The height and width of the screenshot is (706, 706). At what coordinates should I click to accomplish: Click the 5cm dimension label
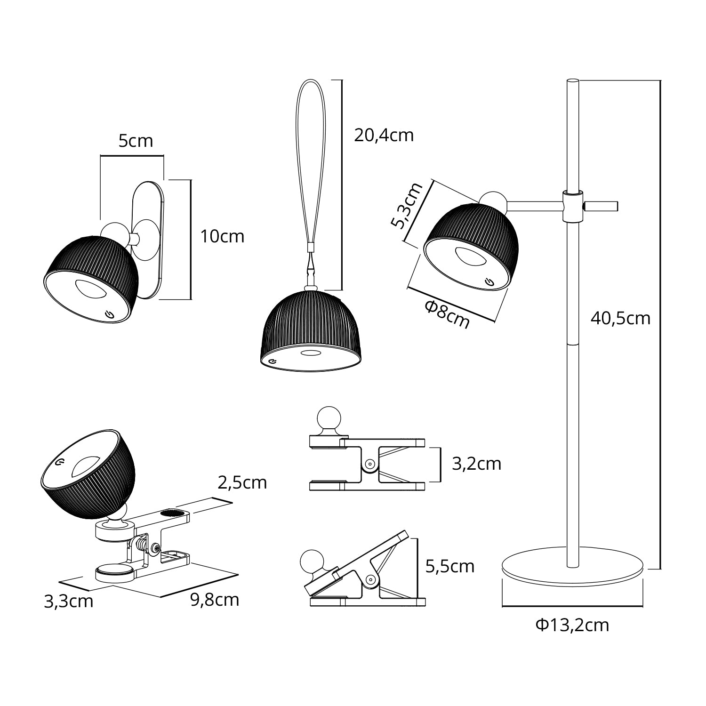click(x=136, y=141)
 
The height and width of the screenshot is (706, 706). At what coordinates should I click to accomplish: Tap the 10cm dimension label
click(x=222, y=236)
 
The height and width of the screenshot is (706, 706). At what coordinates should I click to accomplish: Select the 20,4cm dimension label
click(x=384, y=136)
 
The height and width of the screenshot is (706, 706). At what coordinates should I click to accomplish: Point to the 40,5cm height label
click(x=620, y=319)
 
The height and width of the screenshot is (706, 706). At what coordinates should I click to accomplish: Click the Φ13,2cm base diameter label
click(x=572, y=625)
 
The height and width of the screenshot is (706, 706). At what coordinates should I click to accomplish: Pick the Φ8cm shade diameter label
click(x=447, y=314)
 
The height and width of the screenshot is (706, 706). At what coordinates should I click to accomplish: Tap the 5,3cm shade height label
click(x=407, y=206)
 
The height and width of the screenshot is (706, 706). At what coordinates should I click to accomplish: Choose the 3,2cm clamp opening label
click(x=476, y=464)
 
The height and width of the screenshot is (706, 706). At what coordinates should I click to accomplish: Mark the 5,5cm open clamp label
click(x=449, y=566)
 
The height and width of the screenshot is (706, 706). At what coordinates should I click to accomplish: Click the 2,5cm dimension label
click(x=242, y=482)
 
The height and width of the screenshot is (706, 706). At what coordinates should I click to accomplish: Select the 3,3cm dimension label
click(x=69, y=602)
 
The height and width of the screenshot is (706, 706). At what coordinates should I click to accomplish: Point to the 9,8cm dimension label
click(x=215, y=600)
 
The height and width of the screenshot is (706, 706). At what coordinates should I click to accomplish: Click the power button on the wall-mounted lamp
click(x=109, y=314)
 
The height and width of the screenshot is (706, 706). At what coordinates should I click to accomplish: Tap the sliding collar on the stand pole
click(x=572, y=206)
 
